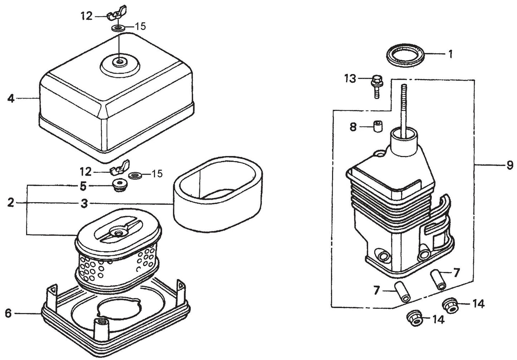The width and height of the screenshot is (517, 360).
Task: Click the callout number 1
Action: pos(451,54)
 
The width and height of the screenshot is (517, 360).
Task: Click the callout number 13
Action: pos(351,78)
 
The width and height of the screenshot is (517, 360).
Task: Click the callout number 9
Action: pos(510,165)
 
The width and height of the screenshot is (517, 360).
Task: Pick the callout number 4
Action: pos(11,98)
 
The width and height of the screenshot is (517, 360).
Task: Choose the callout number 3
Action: pos(84,204)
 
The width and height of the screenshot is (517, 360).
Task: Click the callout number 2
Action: pos(11,203)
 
